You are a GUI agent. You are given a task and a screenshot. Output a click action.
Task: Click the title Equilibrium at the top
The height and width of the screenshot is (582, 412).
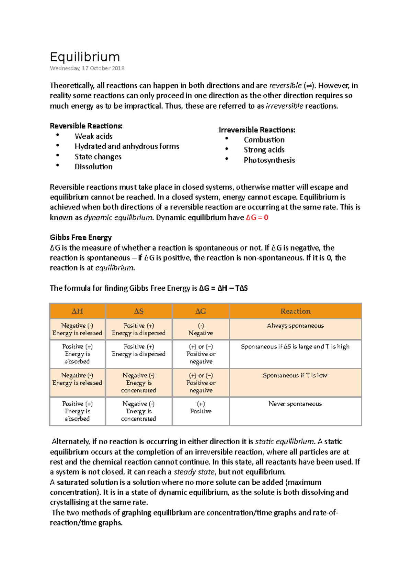[x=85, y=57]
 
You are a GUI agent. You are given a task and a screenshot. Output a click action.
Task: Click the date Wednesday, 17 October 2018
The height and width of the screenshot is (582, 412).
[x=87, y=68]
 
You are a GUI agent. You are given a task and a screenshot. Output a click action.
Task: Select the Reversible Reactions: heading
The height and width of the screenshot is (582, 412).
[x=86, y=126]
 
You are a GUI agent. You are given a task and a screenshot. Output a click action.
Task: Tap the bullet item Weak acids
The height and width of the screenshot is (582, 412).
[x=93, y=136]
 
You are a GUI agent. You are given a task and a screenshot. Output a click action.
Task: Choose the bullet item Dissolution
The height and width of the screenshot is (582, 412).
[x=93, y=167]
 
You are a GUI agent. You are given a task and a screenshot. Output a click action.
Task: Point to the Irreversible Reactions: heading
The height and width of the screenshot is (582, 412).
[x=257, y=130]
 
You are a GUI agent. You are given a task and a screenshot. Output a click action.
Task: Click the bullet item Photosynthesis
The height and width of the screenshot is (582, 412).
[x=269, y=160]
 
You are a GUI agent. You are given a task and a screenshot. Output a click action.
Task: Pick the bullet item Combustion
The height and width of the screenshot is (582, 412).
[x=264, y=140]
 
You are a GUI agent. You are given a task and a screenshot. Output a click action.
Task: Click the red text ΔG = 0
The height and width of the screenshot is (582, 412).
[x=257, y=217]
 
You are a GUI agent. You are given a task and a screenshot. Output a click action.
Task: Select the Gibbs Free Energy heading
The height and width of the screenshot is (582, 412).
[x=81, y=238]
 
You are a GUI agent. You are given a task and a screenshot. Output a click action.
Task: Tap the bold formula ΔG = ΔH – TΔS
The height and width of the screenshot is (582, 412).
[x=223, y=288]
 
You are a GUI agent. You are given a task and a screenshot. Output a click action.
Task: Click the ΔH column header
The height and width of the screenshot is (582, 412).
[x=77, y=311]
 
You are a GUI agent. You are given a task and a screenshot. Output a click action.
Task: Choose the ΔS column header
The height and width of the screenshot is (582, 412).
[x=139, y=311]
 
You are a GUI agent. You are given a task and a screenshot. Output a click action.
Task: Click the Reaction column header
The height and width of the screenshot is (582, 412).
[x=295, y=311]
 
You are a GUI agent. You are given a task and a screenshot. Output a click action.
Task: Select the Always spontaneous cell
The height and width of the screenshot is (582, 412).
[x=295, y=326]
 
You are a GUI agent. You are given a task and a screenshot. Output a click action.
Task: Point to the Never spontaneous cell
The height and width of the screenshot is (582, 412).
[x=295, y=404]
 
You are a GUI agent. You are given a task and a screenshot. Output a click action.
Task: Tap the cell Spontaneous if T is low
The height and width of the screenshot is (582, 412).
[x=295, y=375]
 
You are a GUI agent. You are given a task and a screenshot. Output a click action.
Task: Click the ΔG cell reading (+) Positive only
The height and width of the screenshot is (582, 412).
[x=201, y=408]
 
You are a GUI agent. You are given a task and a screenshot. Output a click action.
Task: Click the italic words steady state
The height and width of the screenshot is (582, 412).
[x=194, y=472]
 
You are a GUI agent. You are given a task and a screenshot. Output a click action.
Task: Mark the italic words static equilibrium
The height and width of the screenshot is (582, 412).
[x=285, y=441]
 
